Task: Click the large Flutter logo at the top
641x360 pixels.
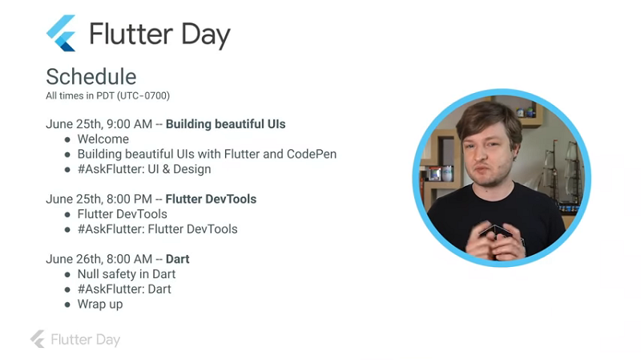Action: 62,33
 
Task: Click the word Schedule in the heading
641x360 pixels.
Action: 91,76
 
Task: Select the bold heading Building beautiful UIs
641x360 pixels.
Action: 226,124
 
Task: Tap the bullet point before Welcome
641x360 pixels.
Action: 67,140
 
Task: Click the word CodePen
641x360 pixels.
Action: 312,154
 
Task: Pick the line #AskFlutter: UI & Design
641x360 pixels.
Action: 144,169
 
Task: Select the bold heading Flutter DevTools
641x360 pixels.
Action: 211,199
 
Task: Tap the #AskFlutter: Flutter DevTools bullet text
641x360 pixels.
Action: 157,229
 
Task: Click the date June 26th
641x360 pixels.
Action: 74,259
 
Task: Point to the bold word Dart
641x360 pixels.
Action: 177,259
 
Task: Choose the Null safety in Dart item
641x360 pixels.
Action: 127,274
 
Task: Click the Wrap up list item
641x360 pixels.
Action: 100,305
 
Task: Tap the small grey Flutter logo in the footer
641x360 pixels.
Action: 38,339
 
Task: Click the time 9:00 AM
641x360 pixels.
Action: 129,124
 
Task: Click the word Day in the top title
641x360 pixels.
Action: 205,35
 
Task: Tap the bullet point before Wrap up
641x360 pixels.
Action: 67,305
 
